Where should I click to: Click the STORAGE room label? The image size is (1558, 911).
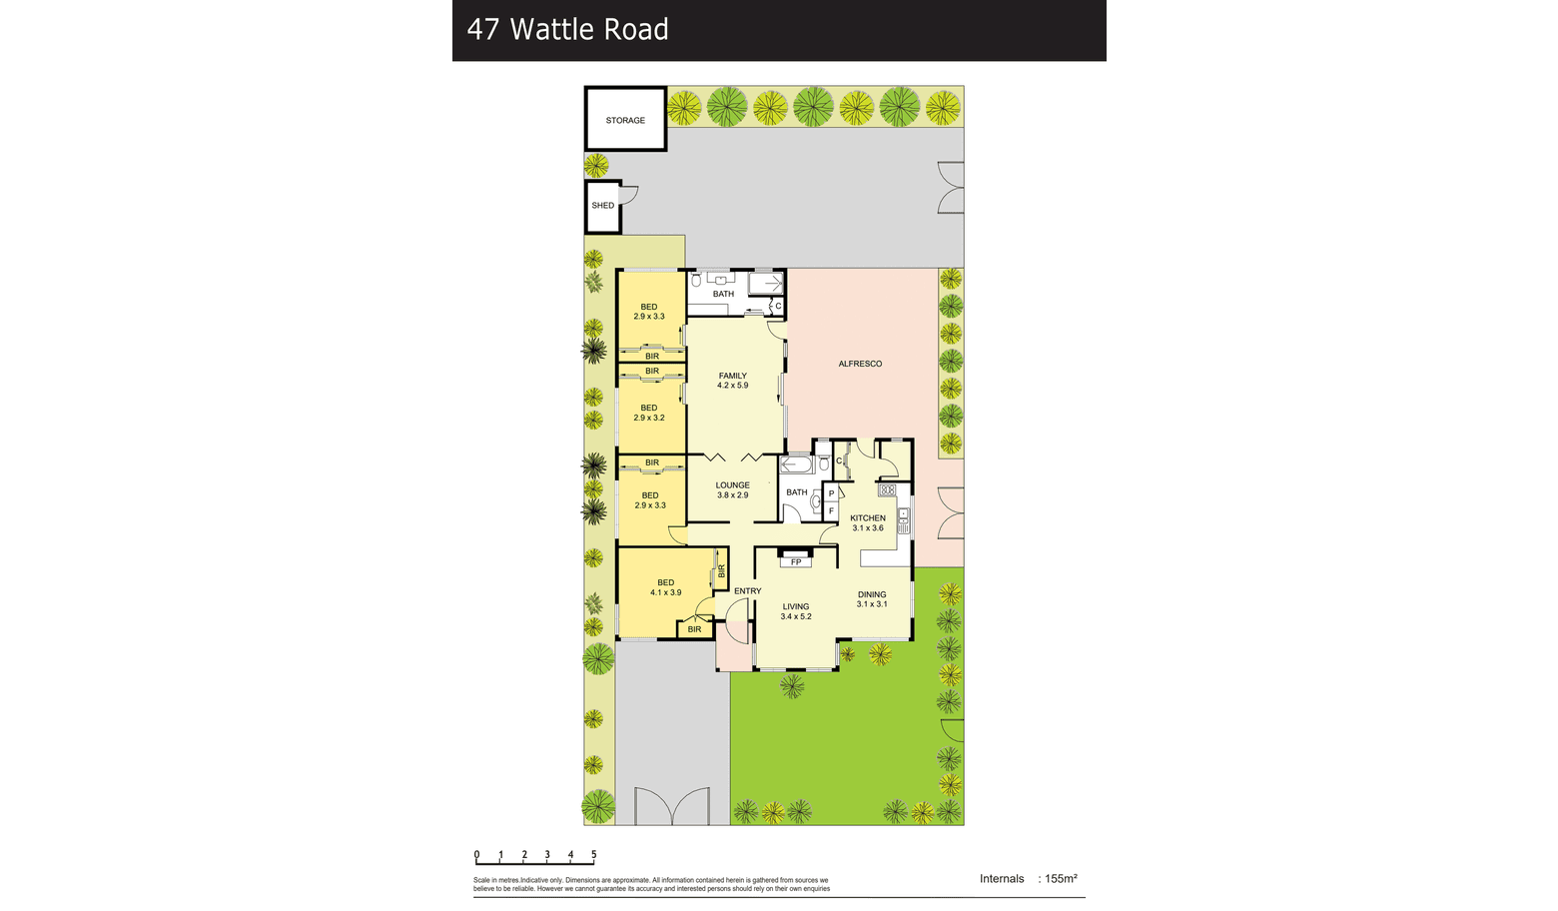click(x=625, y=120)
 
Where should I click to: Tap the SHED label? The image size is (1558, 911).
click(x=603, y=205)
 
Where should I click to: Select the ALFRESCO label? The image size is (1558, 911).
click(x=860, y=364)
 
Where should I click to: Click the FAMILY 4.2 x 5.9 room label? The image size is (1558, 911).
click(x=733, y=381)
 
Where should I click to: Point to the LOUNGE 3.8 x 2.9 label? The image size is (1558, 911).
click(x=733, y=490)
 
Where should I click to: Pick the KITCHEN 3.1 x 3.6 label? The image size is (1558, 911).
click(x=868, y=523)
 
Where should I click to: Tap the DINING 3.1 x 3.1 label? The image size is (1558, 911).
click(x=872, y=599)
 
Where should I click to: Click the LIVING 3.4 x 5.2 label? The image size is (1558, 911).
click(x=796, y=611)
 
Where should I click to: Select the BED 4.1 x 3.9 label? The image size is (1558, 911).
click(x=665, y=587)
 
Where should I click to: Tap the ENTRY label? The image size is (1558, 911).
click(x=748, y=591)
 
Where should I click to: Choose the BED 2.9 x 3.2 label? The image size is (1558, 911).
click(x=649, y=414)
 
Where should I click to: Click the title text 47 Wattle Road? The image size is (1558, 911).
click(x=567, y=29)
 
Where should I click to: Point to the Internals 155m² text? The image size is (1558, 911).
click(x=1029, y=878)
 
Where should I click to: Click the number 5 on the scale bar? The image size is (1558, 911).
click(x=594, y=855)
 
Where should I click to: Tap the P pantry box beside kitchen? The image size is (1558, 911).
click(x=831, y=493)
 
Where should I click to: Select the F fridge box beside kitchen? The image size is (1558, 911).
click(x=831, y=510)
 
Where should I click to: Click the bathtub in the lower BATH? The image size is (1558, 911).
click(x=796, y=463)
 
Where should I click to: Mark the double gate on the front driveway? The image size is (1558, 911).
click(x=672, y=807)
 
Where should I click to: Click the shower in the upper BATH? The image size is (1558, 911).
click(x=766, y=283)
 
